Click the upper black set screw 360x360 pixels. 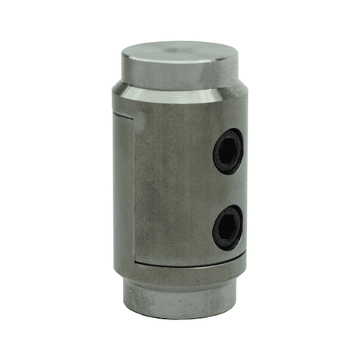click(x=228, y=151)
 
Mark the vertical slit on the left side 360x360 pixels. click(x=134, y=187)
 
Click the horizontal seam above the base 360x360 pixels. click(x=187, y=263)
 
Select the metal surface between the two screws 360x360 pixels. click(x=227, y=189)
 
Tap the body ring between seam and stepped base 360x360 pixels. click(x=180, y=273)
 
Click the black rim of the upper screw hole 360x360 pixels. click(x=217, y=144)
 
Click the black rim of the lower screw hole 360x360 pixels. click(x=216, y=222)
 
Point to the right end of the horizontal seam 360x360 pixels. click(x=242, y=256)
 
